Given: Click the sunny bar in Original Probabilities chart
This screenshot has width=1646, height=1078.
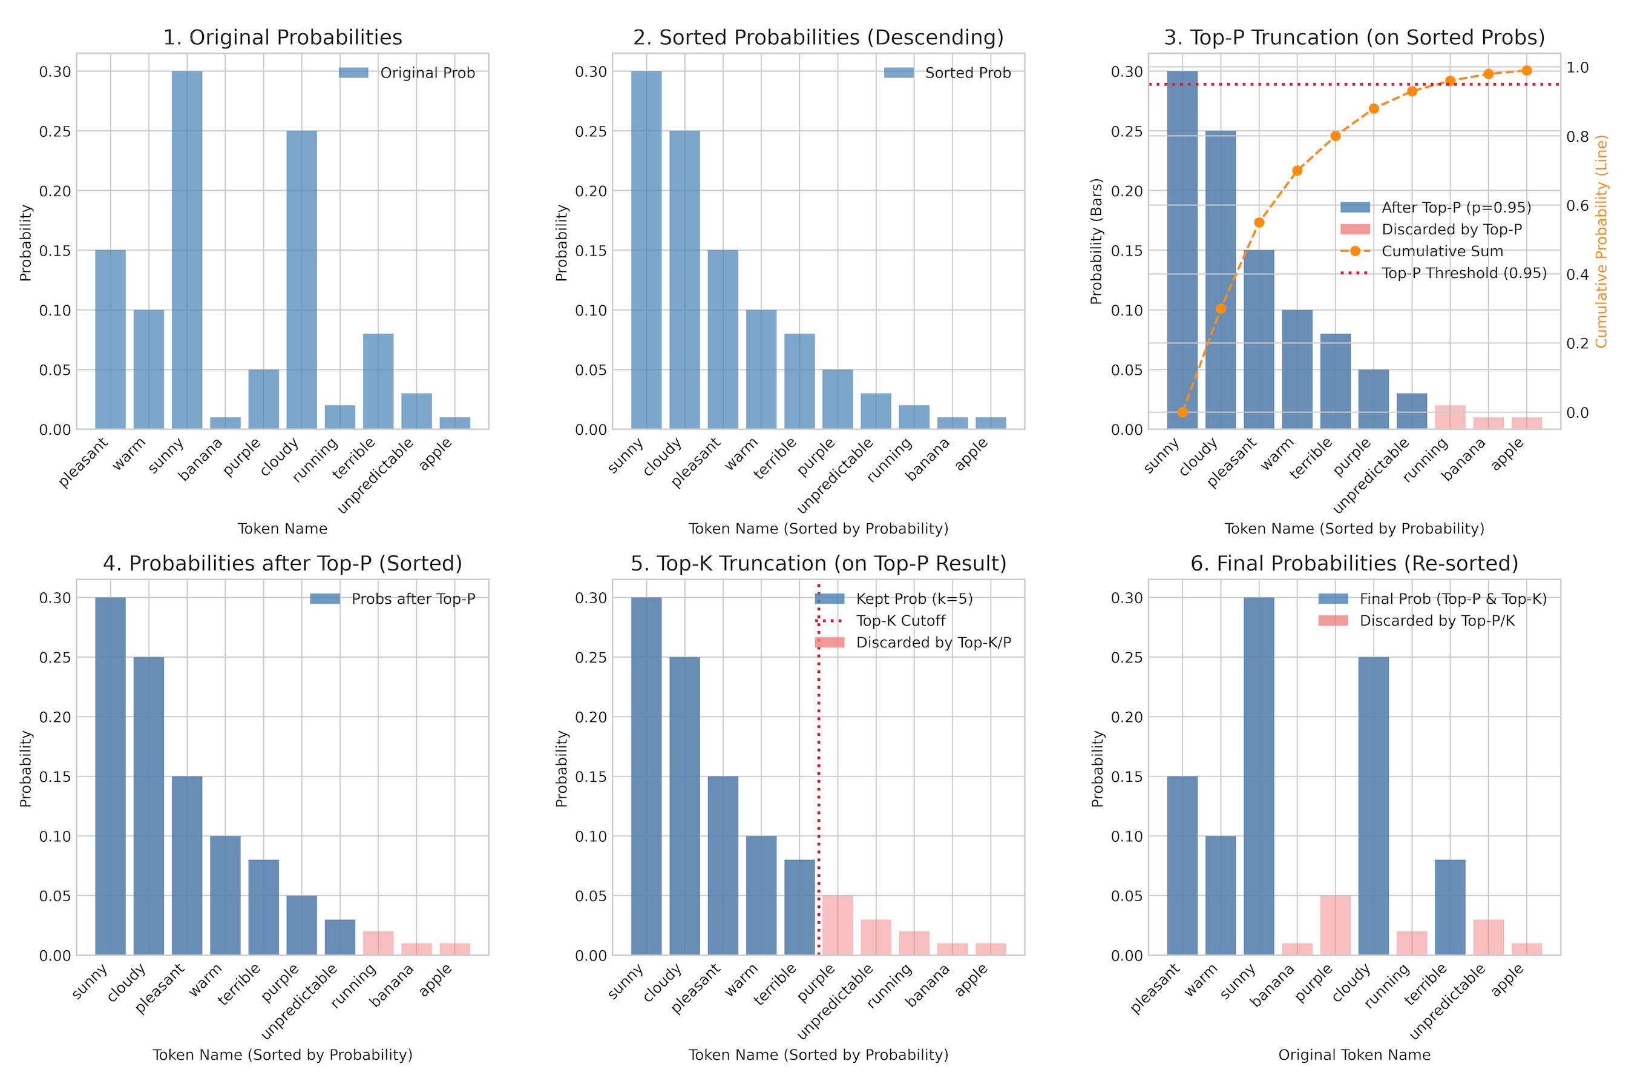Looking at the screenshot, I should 187,249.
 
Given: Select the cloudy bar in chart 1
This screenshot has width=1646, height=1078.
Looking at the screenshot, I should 301,280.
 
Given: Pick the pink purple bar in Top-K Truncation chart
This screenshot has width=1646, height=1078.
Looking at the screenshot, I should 838,925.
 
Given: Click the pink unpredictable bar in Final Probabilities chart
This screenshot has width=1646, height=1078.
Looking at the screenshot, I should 1488,937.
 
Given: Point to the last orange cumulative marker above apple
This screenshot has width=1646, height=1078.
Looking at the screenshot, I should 1526,71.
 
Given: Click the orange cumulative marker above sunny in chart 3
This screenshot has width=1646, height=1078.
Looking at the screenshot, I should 1182,412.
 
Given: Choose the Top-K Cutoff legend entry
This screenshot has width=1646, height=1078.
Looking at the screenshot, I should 900,621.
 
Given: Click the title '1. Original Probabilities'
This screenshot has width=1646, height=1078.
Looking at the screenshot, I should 282,38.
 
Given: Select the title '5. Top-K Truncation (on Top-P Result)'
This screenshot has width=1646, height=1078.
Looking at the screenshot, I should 818,563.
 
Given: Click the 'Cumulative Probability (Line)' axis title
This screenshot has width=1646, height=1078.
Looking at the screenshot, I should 1602,241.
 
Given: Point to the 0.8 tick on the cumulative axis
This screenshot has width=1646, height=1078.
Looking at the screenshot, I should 1578,136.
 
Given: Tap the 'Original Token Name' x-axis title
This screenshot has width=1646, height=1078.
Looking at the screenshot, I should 1354,1054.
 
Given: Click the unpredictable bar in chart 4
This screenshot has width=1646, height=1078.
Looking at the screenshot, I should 339,937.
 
